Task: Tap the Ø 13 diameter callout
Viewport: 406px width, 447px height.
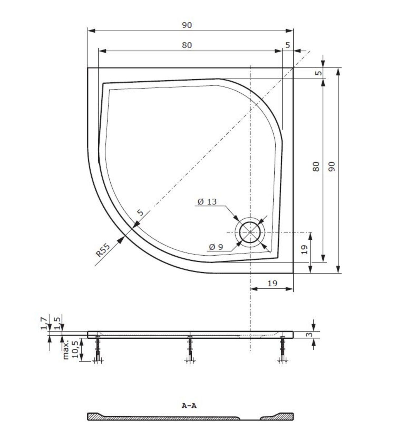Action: [207, 201]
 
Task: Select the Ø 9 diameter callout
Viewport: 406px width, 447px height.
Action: [216, 247]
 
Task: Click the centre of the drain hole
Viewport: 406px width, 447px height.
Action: [250, 232]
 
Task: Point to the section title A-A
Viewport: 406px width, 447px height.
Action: [189, 406]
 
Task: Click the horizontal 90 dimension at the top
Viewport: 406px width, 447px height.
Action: [187, 25]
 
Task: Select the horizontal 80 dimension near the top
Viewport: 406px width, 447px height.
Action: [187, 45]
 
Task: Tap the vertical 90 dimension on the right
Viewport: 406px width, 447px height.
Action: [331, 167]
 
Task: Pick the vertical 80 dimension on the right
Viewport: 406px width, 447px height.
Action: [316, 167]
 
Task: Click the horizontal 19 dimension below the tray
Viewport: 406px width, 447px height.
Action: [272, 283]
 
